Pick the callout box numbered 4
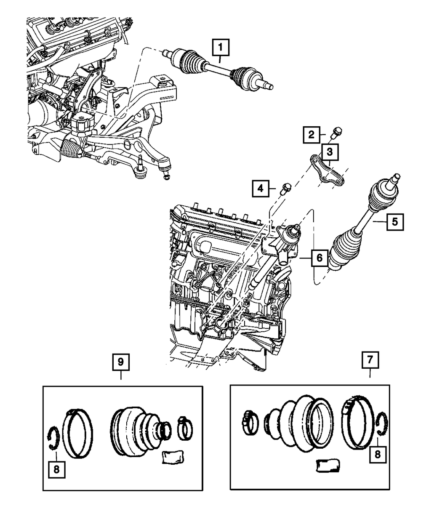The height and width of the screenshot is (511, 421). coord(261,188)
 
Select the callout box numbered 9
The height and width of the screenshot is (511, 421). coord(121,362)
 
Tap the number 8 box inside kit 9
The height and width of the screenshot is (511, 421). coord(56,468)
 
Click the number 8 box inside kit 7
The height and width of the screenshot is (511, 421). coord(377,454)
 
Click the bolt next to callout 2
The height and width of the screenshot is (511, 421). coord(336,133)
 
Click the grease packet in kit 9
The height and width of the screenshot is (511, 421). coord(172,457)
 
